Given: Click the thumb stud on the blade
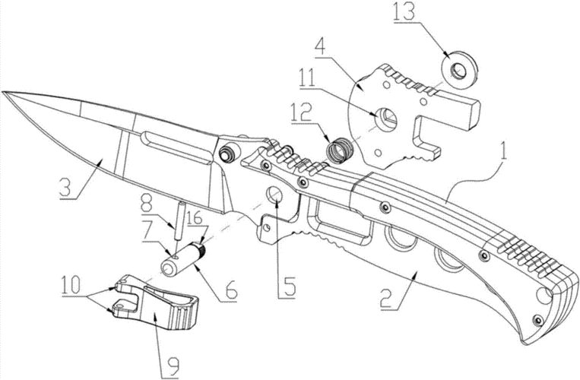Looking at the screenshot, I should tap(227, 154).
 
